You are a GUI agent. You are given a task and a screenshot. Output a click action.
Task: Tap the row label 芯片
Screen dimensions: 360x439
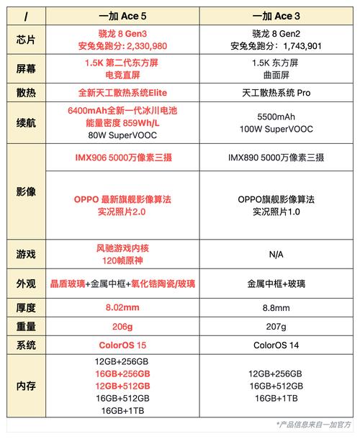click(x=24, y=40)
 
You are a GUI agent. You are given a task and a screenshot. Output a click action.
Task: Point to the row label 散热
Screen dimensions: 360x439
click(x=24, y=93)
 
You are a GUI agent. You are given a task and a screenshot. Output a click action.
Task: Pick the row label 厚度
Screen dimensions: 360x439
click(x=24, y=307)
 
